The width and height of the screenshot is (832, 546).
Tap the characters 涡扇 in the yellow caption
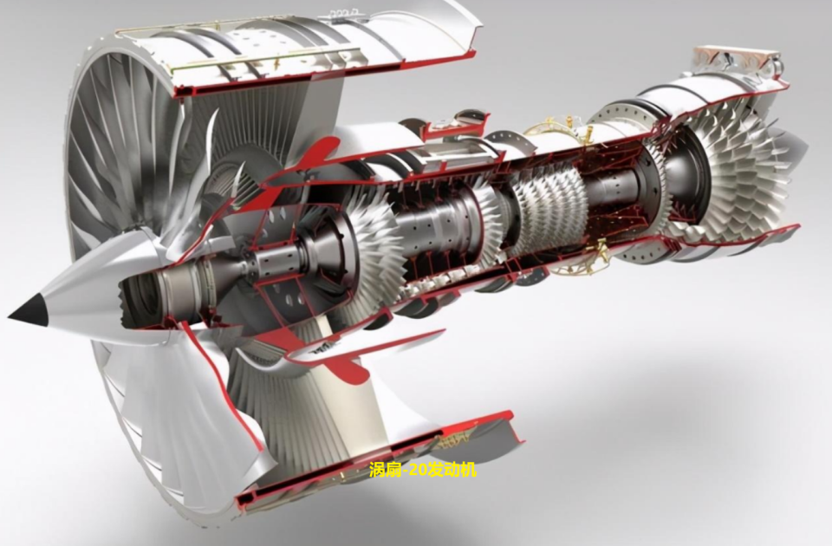click(383, 470)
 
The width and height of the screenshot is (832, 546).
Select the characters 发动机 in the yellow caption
click(451, 470)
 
